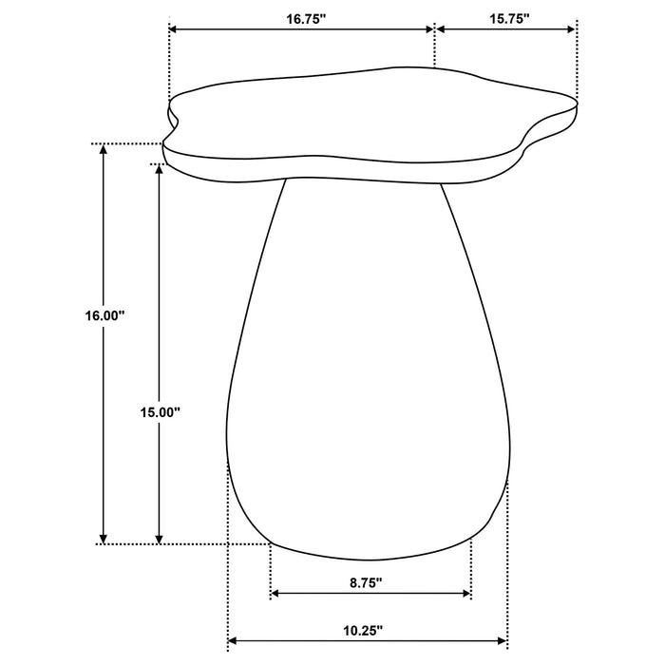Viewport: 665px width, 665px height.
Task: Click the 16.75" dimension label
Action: (x=301, y=18)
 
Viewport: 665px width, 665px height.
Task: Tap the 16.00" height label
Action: (x=104, y=316)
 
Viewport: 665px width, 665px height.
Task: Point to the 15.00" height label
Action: (x=160, y=412)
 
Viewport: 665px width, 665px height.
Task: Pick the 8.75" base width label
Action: (x=366, y=582)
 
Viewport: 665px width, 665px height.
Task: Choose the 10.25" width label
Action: (x=366, y=655)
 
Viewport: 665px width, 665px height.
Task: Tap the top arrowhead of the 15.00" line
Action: (x=160, y=171)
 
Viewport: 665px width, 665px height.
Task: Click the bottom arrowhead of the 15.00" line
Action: (x=160, y=537)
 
